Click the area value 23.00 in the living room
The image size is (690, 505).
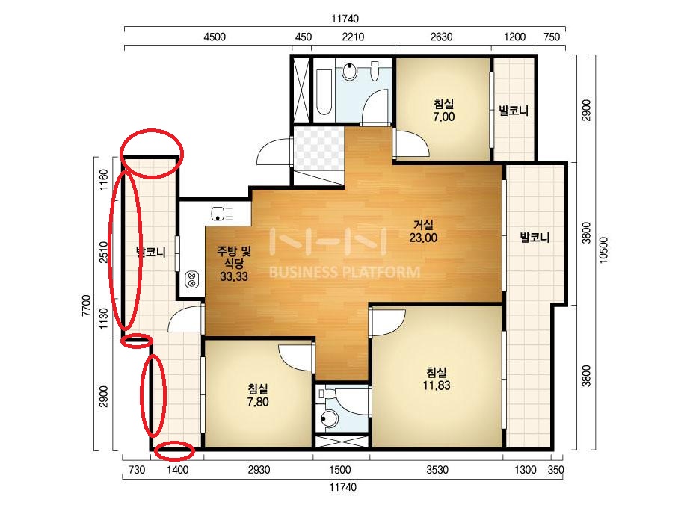(x=423, y=238)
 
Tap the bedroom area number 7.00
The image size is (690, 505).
(x=443, y=117)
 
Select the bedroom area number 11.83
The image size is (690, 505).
(x=436, y=385)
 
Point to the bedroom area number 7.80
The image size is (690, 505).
(x=258, y=402)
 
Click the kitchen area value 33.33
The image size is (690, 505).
(x=234, y=276)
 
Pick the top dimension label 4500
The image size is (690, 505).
(x=215, y=37)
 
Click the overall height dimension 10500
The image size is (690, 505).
(x=603, y=250)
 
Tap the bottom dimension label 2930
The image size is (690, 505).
(x=259, y=470)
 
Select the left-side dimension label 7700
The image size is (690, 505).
(x=87, y=306)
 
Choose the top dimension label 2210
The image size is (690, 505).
(x=353, y=37)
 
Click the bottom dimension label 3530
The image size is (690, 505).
(x=437, y=470)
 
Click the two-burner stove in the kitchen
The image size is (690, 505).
(x=192, y=279)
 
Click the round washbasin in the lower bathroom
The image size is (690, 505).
(x=328, y=419)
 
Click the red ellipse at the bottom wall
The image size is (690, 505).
(x=175, y=451)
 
